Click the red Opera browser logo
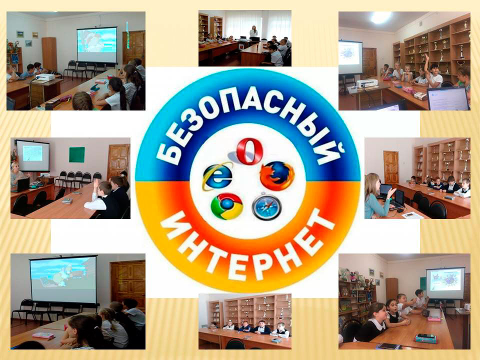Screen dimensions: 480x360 (249, 151)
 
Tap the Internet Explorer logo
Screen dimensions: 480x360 (217, 176)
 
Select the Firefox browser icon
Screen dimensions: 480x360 (277, 175)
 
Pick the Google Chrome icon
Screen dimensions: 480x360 (227, 206)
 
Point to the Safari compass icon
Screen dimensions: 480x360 (266, 206)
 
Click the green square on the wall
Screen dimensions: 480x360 (77, 154)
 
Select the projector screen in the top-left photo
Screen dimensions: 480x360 (96, 45)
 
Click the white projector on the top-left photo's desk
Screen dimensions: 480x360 (45, 77)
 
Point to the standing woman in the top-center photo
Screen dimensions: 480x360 (253, 32)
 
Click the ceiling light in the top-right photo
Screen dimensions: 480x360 (380, 17)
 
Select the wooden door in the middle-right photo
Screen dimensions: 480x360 (391, 167)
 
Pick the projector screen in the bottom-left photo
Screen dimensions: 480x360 (63, 279)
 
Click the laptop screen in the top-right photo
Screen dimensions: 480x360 (448, 98)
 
